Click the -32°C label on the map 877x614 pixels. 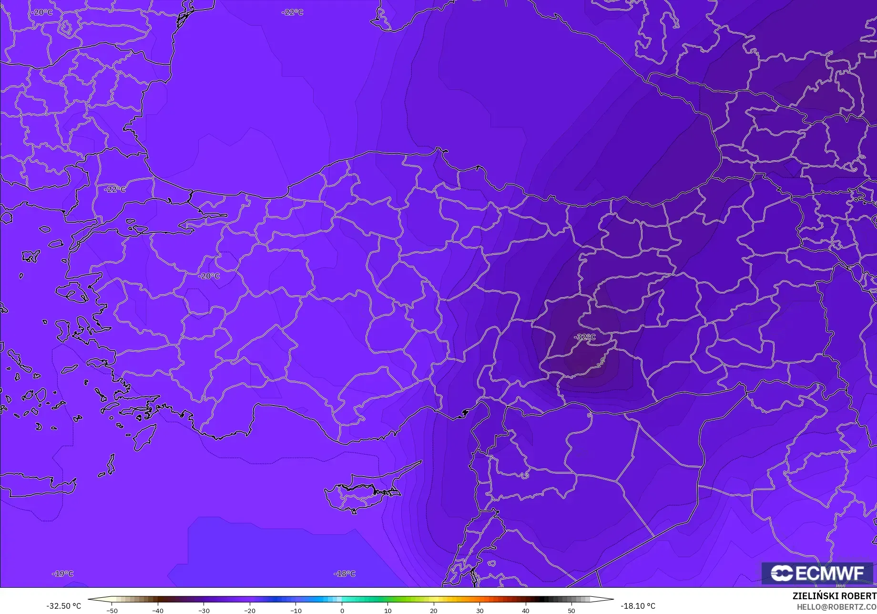pos(585,337)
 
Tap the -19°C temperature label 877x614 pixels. pos(63,573)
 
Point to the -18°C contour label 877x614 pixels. pos(345,573)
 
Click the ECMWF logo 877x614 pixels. pos(817,573)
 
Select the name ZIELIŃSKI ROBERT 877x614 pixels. pos(834,596)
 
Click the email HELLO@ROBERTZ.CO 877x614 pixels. pos(836,606)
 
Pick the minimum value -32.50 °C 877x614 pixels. pos(63,606)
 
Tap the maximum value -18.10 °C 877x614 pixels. pos(638,606)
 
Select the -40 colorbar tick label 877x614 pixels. pos(158,611)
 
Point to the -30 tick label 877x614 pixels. pos(204,611)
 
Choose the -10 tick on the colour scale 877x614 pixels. pos(296,611)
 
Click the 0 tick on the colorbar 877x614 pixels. pos(342,611)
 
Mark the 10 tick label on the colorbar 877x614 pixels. pos(388,611)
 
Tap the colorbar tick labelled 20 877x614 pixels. pos(433,611)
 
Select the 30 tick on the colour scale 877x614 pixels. pos(479,611)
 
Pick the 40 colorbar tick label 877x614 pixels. pos(525,611)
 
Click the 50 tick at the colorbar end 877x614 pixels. pos(571,611)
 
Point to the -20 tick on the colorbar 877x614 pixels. pos(250,611)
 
